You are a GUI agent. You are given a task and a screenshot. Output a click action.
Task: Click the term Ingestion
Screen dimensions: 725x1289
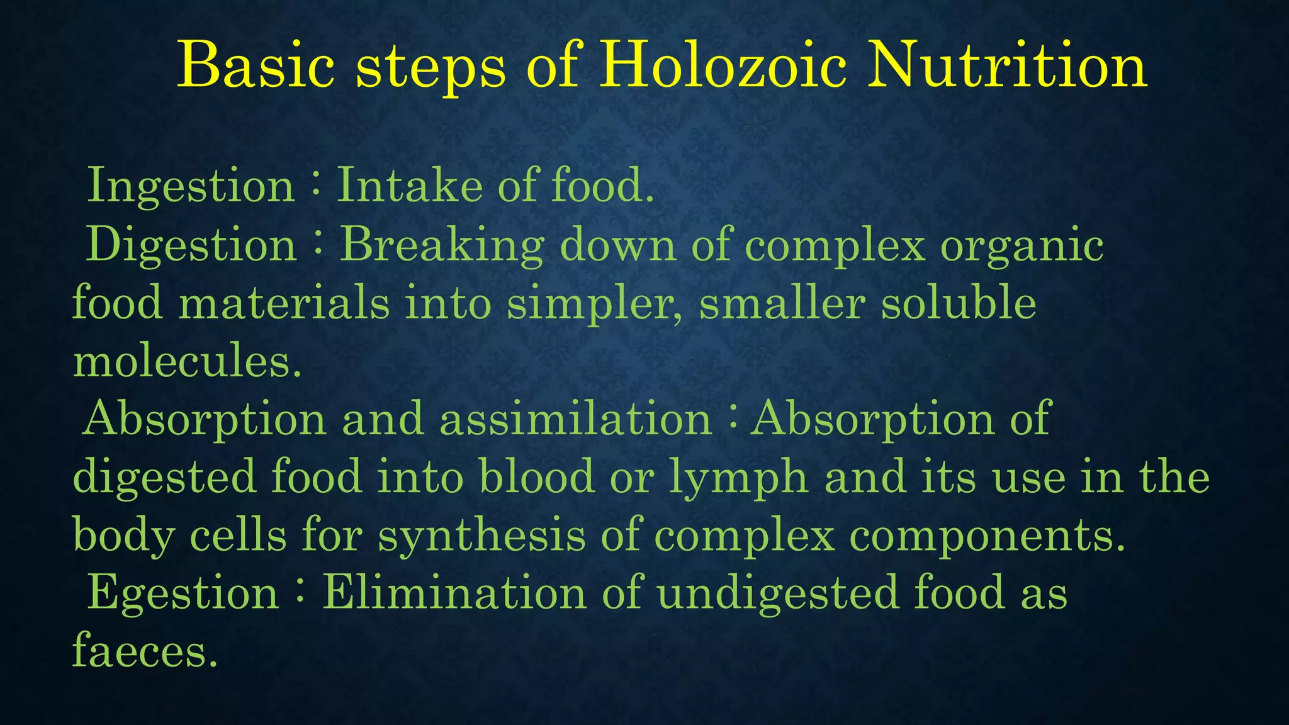point(191,186)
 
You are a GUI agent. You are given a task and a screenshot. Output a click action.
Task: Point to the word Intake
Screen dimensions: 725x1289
point(410,186)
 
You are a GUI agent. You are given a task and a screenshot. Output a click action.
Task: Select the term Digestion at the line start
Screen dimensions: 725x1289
point(191,245)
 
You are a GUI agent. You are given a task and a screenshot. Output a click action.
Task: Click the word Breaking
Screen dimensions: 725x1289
point(442,245)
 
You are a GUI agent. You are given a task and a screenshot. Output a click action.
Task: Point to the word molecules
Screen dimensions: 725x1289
point(187,362)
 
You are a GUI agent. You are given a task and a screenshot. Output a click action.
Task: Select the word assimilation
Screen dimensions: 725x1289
point(575,419)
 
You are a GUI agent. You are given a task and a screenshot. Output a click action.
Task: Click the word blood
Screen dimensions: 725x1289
point(536,477)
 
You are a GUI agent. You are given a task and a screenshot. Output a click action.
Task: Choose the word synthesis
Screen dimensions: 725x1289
point(481,536)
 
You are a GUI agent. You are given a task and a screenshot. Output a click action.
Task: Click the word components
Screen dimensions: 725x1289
point(987,536)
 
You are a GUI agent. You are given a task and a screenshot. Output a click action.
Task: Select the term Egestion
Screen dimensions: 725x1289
point(183,594)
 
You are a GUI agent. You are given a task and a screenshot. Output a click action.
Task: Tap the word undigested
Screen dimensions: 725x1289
point(778,594)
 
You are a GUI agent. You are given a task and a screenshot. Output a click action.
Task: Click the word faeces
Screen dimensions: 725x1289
point(145,652)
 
